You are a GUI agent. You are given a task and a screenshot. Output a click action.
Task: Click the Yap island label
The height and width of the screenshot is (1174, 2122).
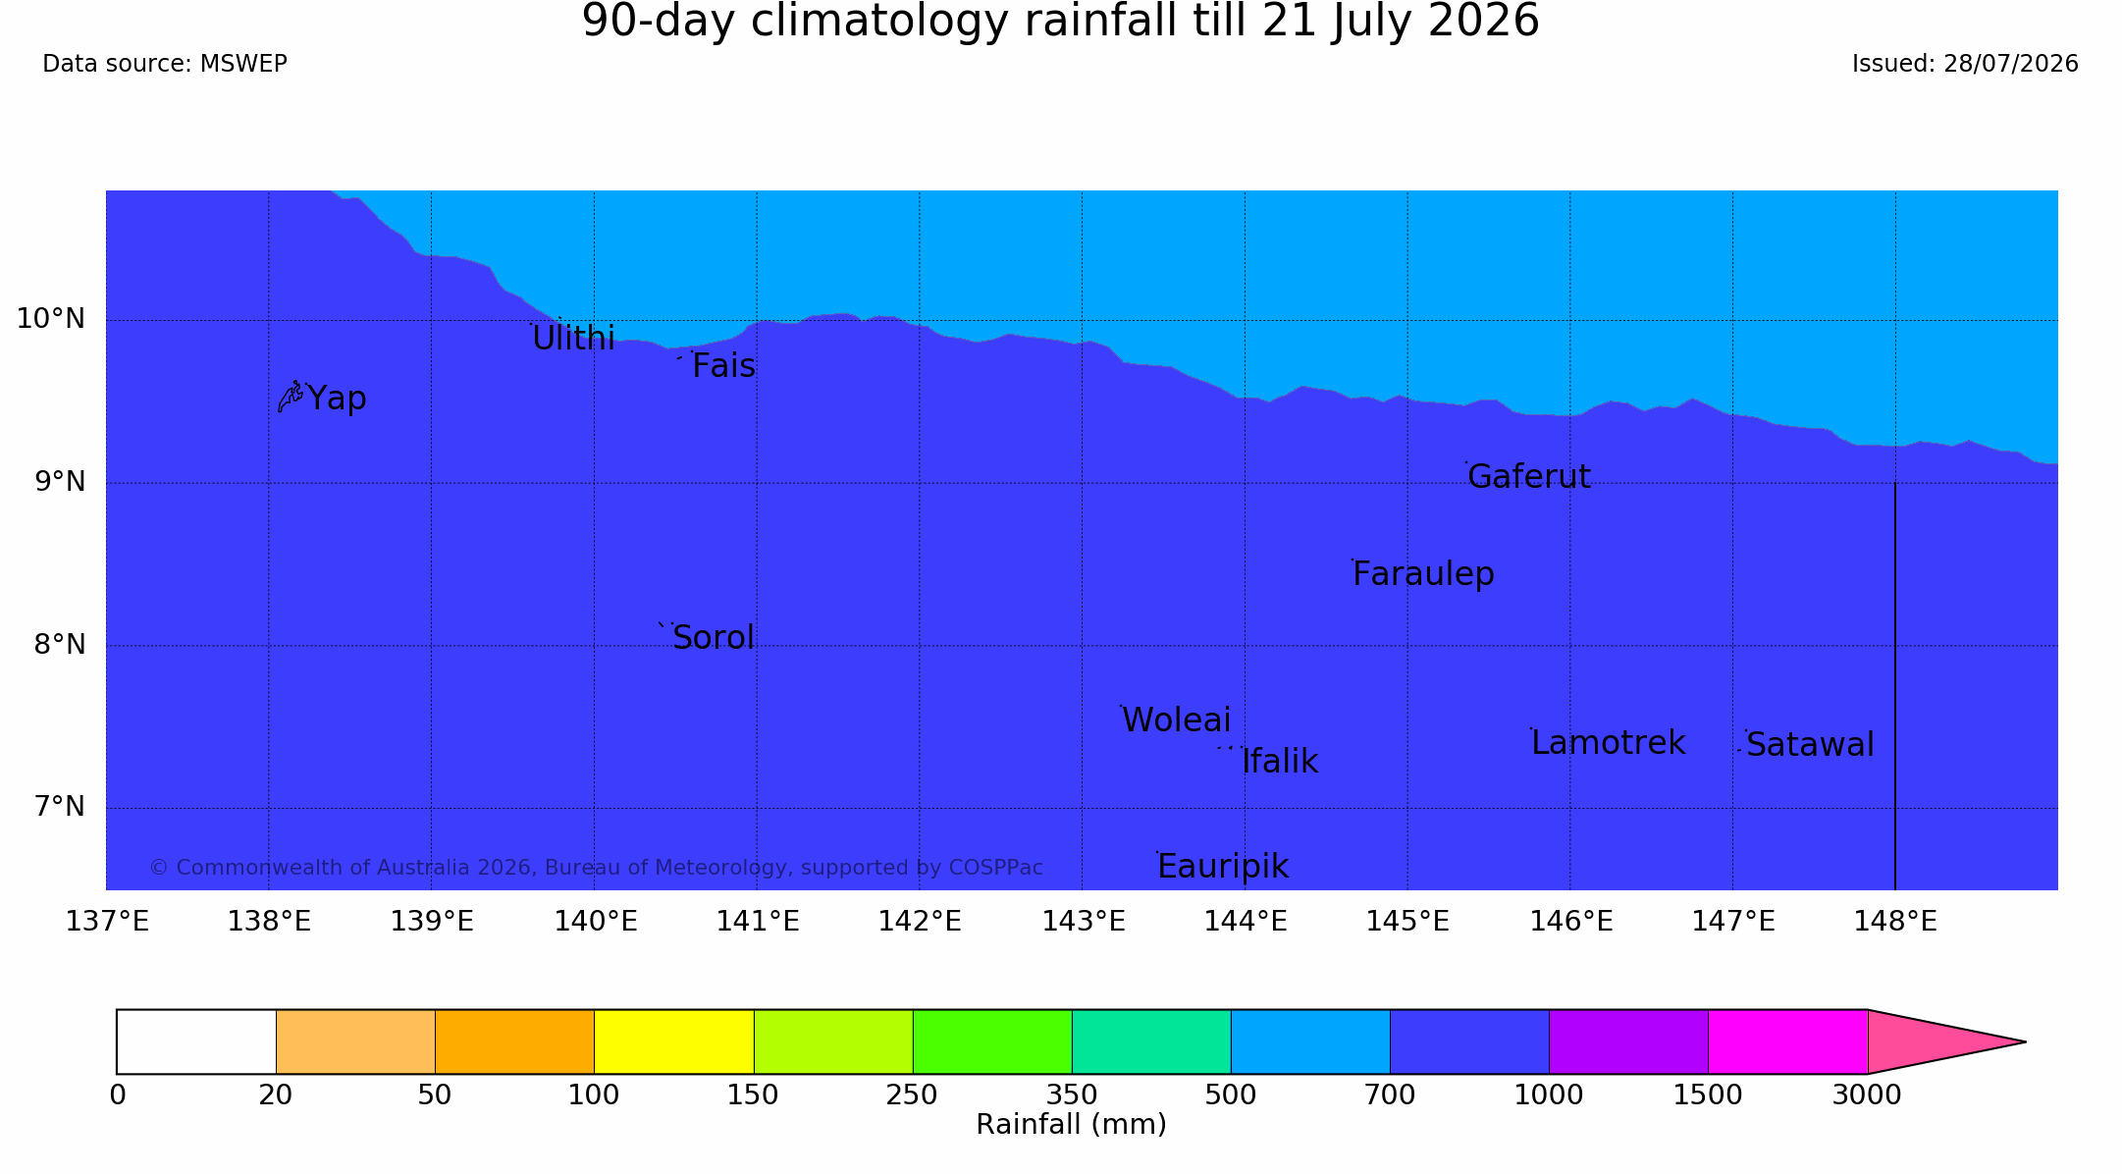(x=337, y=399)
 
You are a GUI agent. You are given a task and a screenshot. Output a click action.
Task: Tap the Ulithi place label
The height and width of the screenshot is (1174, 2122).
(x=573, y=338)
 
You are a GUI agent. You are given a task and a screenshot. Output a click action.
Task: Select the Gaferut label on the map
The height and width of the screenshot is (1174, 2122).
(x=1528, y=476)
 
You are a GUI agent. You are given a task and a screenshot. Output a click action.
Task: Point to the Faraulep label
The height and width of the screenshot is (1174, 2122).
(x=1423, y=574)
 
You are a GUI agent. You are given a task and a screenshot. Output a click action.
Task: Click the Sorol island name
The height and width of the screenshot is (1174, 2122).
(x=714, y=638)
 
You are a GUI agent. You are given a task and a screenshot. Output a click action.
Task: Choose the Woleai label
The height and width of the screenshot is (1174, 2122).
(x=1176, y=720)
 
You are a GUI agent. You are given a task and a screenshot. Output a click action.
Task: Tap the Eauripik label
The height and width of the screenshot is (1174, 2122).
(x=1223, y=867)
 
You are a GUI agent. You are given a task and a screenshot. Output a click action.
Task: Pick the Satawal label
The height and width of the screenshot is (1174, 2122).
(x=1810, y=745)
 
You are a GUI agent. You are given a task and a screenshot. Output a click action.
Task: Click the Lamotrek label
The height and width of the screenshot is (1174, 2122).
(x=1608, y=743)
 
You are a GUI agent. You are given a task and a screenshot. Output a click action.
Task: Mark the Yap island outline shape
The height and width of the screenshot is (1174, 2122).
(x=290, y=397)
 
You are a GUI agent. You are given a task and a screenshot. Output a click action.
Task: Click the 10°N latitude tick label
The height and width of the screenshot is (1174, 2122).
(x=51, y=319)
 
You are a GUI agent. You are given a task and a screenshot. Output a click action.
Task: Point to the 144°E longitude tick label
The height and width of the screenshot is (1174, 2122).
(x=1245, y=922)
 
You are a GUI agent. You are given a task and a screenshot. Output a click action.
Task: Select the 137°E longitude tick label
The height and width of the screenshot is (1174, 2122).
(x=107, y=922)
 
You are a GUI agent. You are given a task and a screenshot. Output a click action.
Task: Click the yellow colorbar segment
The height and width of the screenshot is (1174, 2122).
(x=673, y=1041)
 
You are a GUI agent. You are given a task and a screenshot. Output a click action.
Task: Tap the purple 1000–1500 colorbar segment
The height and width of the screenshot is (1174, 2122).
(x=1628, y=1041)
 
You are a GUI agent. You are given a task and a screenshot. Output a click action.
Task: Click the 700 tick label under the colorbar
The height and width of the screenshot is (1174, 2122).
(x=1390, y=1095)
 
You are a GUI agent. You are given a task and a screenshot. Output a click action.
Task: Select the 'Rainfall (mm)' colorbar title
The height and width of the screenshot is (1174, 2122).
(x=1071, y=1125)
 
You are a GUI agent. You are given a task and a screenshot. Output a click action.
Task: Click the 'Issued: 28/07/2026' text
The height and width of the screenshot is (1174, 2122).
(x=1965, y=64)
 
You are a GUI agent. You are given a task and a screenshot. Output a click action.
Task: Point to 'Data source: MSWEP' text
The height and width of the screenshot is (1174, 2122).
(x=165, y=64)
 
